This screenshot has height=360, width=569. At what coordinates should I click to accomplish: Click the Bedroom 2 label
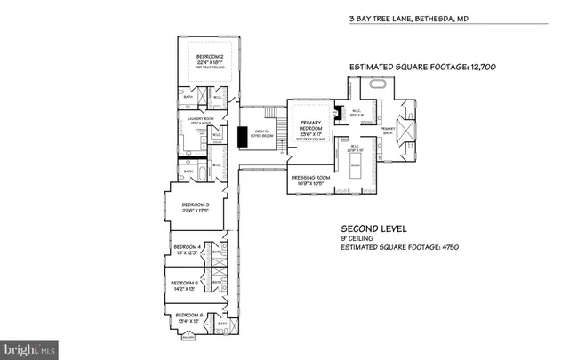(209, 60)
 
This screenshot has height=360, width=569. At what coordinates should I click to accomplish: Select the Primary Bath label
(387, 130)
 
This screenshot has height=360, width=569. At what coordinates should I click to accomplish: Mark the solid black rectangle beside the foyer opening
(241, 138)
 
